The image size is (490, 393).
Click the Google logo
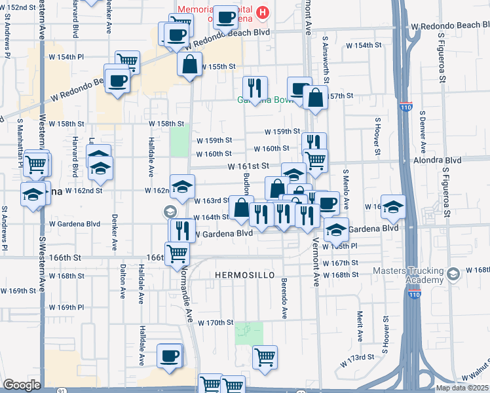pos(22,385)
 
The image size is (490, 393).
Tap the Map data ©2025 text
pos(459,388)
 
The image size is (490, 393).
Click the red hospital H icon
pos(263,12)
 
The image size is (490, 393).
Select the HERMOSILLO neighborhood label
pos(244,276)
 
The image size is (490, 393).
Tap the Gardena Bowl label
pos(263,101)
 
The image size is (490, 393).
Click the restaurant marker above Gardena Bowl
pos(255,87)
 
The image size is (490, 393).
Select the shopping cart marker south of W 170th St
pos(265,357)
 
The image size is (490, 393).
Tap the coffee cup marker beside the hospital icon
pos(227,18)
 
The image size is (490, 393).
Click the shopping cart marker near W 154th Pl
pos(127,62)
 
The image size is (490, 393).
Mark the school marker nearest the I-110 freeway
pos(393,207)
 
